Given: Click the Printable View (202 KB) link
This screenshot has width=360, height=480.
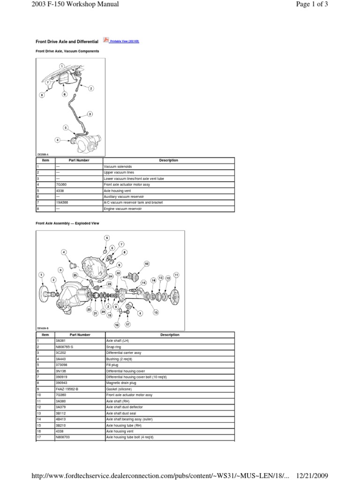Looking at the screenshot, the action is (x=124, y=42).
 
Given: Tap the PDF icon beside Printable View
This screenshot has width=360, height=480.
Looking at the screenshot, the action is (x=105, y=41).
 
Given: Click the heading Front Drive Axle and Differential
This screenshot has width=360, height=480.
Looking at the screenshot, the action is (x=67, y=42).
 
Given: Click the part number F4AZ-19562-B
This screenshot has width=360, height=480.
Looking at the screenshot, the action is (x=67, y=389).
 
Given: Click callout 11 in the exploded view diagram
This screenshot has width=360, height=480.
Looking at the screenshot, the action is (x=176, y=274).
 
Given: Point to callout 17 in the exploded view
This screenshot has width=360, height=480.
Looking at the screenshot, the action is (x=127, y=324).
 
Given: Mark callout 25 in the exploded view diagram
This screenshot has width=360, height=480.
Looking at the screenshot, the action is (x=75, y=275).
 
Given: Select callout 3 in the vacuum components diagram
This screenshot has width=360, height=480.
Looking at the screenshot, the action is (x=90, y=114).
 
